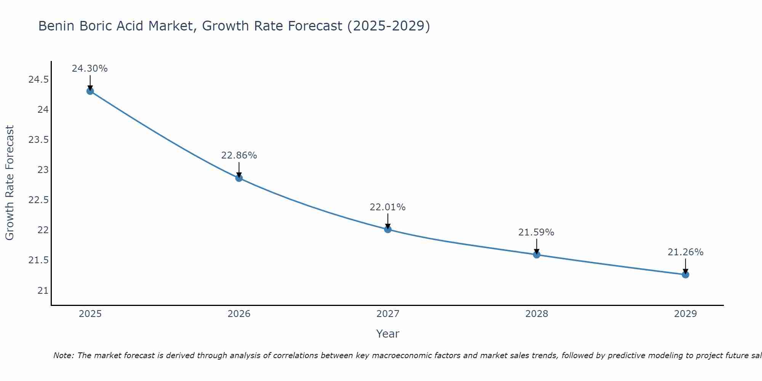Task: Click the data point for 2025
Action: (90, 91)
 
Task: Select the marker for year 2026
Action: (239, 178)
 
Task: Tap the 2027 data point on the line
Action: (388, 229)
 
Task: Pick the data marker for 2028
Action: (536, 255)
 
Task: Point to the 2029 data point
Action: (685, 274)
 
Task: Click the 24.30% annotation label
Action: (90, 69)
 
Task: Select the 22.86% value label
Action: (239, 155)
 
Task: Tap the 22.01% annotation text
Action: (388, 207)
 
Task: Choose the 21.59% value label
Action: (536, 232)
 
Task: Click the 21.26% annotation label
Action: (685, 252)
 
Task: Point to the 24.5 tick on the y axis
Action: (38, 80)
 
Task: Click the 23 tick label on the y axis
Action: (43, 170)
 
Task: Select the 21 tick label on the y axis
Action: (43, 290)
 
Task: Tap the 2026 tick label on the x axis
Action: (239, 314)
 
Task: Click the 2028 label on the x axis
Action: (536, 314)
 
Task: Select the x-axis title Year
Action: (388, 334)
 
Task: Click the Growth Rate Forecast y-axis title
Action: (10, 183)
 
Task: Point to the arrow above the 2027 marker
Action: (388, 221)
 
